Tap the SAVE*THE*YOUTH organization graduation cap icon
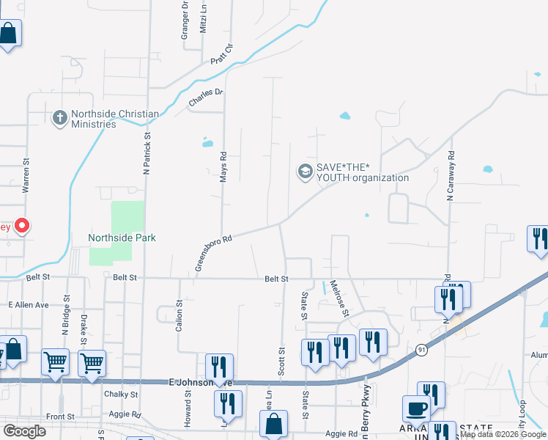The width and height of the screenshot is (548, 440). [304, 172]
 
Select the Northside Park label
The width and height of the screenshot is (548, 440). [122, 238]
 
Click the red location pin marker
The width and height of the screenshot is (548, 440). [23, 226]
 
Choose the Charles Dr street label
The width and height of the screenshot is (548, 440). [205, 97]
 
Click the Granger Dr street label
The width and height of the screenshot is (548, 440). [185, 22]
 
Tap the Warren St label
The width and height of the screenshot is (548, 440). [26, 175]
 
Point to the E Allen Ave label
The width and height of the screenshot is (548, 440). [28, 304]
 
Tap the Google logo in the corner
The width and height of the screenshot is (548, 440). [25, 431]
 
